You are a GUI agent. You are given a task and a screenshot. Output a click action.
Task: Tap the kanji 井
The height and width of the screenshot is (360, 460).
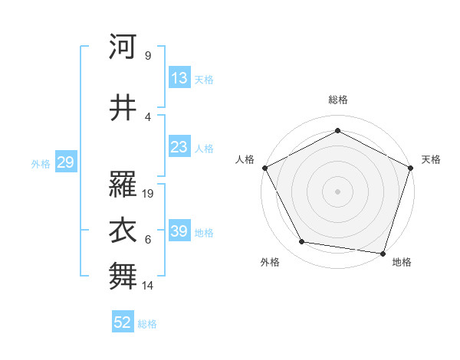point(123,109)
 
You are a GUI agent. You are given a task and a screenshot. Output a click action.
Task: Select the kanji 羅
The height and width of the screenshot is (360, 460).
point(123,184)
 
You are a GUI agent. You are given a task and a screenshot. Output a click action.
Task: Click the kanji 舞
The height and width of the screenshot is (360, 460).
point(123,276)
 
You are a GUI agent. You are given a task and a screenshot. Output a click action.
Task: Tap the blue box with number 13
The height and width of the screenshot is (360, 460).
point(179,78)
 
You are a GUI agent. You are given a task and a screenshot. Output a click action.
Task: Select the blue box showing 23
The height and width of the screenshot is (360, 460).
point(179,147)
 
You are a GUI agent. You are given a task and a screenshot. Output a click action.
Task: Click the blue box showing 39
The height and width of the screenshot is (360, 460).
point(179,231)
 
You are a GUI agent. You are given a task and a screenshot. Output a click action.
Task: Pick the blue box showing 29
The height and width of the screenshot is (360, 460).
point(65,162)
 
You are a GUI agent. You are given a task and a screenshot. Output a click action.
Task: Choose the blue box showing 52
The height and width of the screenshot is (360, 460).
point(123,322)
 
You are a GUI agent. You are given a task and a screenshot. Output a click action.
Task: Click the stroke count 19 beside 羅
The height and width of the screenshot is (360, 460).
point(149,194)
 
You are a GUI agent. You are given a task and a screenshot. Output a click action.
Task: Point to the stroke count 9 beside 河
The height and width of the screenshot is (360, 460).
point(147,56)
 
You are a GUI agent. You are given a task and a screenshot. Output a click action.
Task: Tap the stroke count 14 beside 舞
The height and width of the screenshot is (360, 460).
point(149,286)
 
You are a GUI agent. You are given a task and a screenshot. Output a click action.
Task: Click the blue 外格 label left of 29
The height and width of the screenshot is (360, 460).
point(40,163)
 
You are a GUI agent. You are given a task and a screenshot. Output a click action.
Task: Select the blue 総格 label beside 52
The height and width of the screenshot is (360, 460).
point(147,323)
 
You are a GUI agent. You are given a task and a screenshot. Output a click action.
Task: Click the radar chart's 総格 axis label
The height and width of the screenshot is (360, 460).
point(337,100)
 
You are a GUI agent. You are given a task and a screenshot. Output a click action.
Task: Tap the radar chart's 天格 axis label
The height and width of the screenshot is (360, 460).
point(432,159)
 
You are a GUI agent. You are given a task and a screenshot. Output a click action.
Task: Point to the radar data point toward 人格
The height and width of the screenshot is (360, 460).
point(264,167)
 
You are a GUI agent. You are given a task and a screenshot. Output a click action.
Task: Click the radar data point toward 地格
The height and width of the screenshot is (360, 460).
point(383,253)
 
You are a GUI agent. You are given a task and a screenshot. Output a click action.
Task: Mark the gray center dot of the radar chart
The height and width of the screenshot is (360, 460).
point(337,191)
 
